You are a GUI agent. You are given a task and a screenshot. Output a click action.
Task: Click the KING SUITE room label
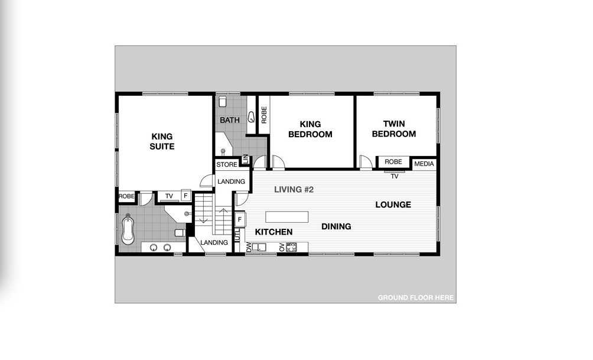162,141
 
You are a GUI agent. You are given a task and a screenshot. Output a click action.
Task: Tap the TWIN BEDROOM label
393,129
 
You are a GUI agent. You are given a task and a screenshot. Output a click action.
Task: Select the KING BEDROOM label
310,129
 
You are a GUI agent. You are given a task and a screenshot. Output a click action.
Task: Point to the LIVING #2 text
294,190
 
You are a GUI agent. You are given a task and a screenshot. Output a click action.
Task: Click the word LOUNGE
393,205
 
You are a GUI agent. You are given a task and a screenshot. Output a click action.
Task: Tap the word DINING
336,226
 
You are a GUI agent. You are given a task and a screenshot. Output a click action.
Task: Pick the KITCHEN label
273,232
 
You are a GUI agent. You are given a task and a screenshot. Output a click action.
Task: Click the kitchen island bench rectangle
287,216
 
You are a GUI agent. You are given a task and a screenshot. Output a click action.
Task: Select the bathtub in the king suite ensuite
128,229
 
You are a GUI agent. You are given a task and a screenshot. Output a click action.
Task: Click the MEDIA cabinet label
424,164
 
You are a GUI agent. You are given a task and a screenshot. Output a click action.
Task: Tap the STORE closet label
227,164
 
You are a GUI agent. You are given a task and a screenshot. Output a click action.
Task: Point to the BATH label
230,120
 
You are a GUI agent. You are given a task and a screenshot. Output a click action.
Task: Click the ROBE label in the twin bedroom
393,161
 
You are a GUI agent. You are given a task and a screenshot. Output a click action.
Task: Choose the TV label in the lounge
394,176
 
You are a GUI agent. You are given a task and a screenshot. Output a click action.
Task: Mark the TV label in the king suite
168,196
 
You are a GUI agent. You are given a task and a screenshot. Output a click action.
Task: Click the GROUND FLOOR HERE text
416,297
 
